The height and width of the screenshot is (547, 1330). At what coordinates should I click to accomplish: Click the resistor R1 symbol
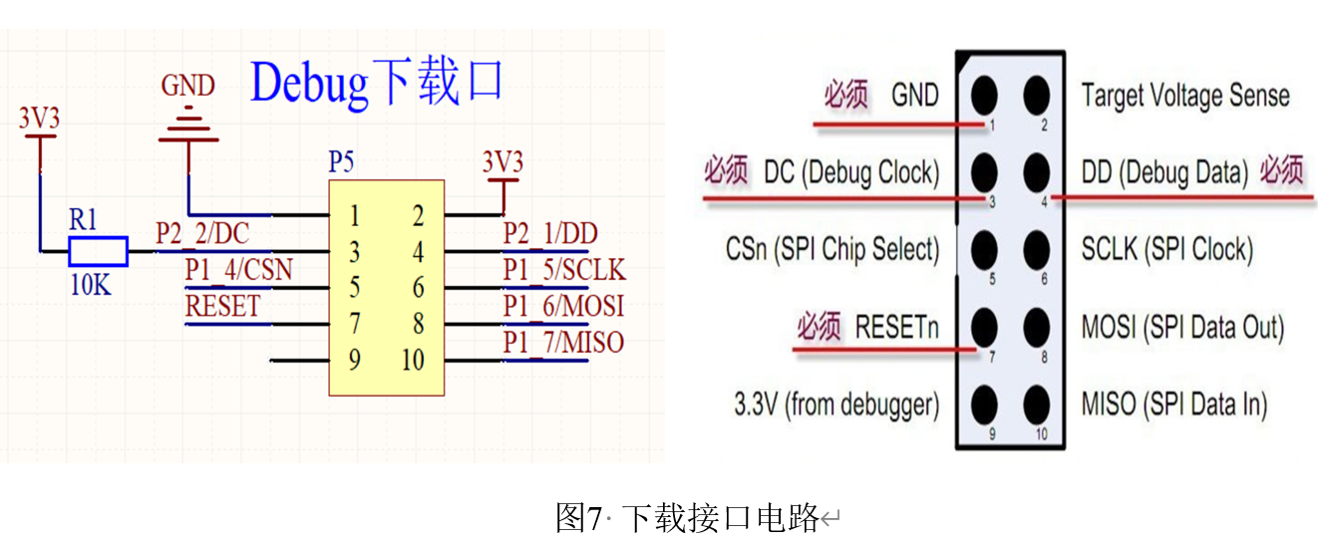coord(99,252)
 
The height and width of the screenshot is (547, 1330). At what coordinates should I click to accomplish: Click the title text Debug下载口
coord(376,83)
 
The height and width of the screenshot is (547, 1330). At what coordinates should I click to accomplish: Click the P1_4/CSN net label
coord(238,270)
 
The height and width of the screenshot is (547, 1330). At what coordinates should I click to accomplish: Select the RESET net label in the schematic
coord(222,306)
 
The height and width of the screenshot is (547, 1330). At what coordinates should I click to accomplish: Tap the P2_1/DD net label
coord(550,234)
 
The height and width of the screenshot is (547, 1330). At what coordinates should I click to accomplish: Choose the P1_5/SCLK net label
coord(563,270)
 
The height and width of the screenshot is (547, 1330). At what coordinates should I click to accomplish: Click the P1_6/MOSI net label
coord(563,306)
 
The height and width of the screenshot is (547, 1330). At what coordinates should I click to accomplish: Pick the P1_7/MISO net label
coord(563,343)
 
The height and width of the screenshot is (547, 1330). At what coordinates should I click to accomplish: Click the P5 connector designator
coord(341,162)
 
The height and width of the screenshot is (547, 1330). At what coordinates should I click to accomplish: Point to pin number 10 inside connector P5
coord(413,360)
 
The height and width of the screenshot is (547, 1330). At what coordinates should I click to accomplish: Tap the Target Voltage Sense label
coord(1185,96)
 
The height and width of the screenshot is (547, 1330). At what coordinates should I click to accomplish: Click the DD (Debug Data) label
coord(1164,172)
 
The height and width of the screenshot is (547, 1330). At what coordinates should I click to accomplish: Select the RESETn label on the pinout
coord(897,327)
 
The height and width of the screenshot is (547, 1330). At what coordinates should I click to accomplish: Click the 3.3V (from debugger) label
coord(836,405)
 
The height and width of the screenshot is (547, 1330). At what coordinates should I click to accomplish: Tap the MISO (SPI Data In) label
coord(1174,405)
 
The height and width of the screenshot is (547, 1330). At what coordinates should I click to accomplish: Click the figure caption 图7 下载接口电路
coord(687,518)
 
